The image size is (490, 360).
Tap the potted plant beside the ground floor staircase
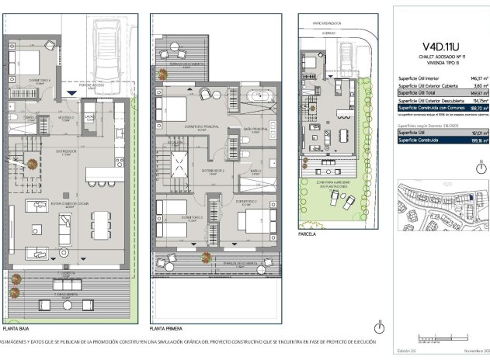32,164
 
